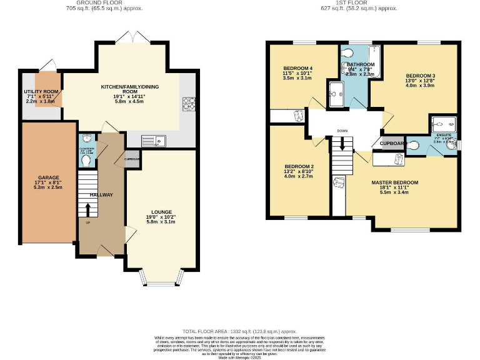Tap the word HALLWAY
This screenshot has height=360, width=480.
(x=101, y=195)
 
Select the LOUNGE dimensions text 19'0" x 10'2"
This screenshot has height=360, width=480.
(x=161, y=216)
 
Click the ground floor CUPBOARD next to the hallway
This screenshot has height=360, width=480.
(x=132, y=159)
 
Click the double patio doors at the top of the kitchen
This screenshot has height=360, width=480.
(x=133, y=39)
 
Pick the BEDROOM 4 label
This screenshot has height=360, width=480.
(x=297, y=68)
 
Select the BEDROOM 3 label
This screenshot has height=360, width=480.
(x=419, y=74)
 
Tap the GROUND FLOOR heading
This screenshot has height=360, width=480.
(x=104, y=3)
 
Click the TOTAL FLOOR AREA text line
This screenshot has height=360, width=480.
(x=239, y=331)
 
